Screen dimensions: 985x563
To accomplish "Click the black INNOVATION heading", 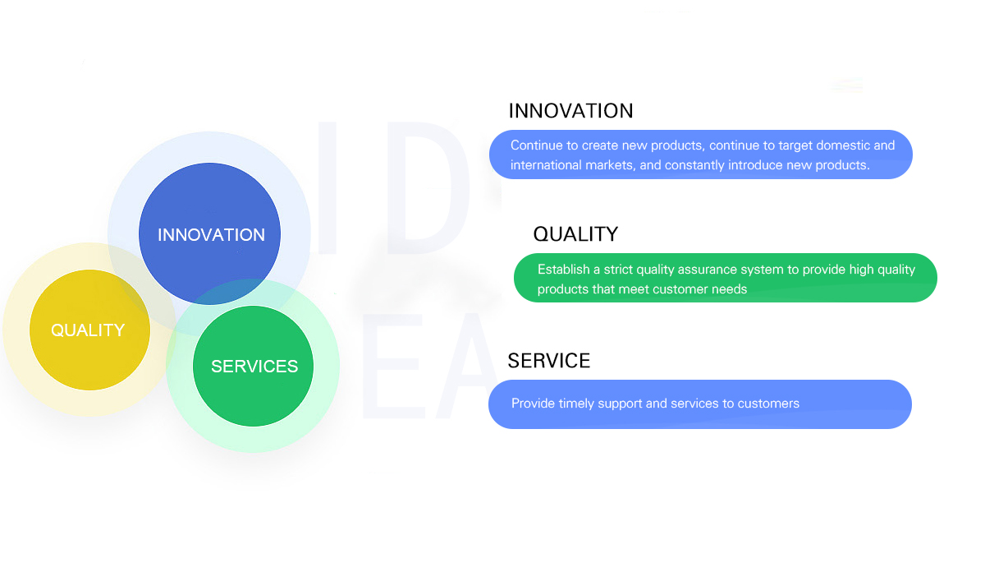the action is pos(570,111).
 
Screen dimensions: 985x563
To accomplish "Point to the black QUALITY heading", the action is pos(575,234).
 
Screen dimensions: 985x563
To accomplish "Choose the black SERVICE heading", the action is pos(549,361).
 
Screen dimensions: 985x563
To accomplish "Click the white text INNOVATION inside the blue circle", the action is pos(211,235).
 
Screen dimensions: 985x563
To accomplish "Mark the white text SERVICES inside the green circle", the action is pos(254,367).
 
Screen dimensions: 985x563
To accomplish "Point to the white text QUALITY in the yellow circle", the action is pos(88,330).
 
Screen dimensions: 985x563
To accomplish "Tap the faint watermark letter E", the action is pos(392,366).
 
